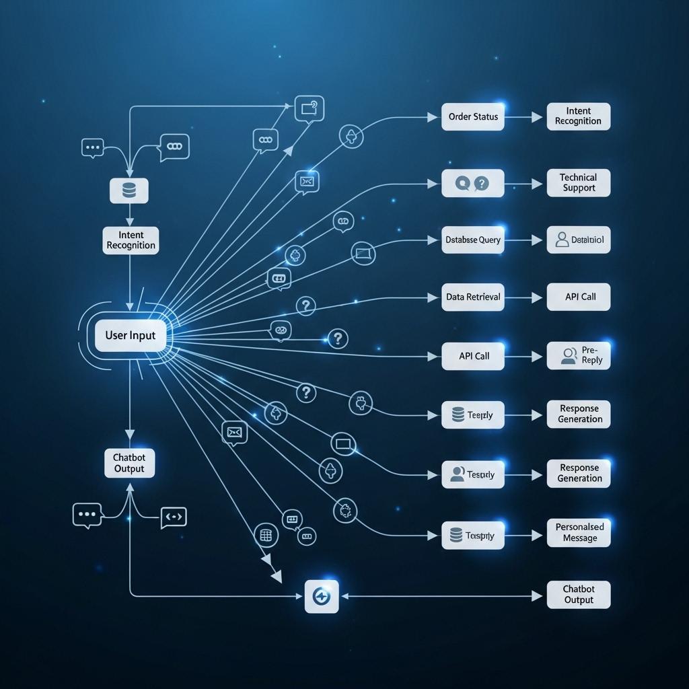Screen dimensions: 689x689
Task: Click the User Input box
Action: click(131, 335)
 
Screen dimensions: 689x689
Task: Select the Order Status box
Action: click(473, 116)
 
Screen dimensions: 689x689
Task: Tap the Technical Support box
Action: click(579, 183)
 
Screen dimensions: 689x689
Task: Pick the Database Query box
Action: click(473, 240)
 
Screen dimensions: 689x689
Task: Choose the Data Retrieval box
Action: click(473, 297)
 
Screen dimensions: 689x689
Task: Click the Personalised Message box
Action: click(579, 532)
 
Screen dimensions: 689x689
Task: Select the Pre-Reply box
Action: click(579, 355)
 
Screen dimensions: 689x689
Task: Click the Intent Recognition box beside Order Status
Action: click(579, 116)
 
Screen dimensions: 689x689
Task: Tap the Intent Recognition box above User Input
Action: click(131, 240)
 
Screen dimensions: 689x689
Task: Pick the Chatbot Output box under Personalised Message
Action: click(579, 595)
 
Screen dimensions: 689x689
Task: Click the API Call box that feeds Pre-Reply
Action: click(473, 356)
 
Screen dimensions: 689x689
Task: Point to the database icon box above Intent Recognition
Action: click(129, 190)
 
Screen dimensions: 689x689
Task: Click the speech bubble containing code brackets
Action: click(174, 517)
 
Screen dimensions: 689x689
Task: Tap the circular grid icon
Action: click(266, 536)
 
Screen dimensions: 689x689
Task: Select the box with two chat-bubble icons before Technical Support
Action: click(473, 183)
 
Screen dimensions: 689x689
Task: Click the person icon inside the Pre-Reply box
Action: click(569, 355)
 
